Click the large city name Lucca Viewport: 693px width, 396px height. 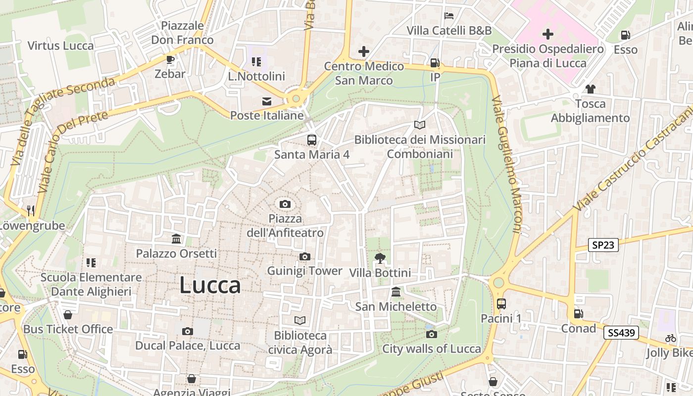(x=210, y=286)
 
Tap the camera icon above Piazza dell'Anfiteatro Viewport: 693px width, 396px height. (x=285, y=204)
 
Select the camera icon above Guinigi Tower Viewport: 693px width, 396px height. (x=305, y=256)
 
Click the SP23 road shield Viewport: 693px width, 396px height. (x=603, y=245)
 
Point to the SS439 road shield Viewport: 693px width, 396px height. (x=621, y=333)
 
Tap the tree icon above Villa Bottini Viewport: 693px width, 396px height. (x=380, y=258)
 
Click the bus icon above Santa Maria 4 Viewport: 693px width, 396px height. (x=311, y=140)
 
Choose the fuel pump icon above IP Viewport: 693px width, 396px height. (x=435, y=63)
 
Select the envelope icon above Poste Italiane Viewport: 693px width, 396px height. (x=267, y=101)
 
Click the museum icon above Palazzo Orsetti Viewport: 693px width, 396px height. (x=176, y=239)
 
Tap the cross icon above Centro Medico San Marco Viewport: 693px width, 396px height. (x=364, y=51)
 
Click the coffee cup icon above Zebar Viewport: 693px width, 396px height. (x=170, y=60)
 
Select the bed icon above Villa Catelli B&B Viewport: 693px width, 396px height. (x=449, y=16)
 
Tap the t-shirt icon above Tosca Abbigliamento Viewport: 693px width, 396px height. (x=590, y=89)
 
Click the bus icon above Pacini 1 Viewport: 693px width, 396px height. (x=501, y=303)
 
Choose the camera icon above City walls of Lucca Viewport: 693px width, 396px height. (x=432, y=334)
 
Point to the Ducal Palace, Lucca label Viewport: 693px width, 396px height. (x=188, y=346)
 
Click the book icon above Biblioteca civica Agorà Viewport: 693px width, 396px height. (x=300, y=320)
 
